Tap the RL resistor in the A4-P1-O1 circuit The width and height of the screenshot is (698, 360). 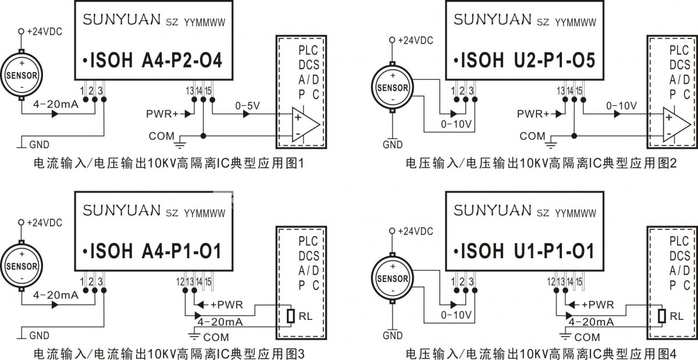[x=291, y=316]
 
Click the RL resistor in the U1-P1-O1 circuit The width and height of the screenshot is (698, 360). [x=662, y=316]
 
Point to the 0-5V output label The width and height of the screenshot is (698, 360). [x=247, y=106]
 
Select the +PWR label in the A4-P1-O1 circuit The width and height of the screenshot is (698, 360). [x=226, y=304]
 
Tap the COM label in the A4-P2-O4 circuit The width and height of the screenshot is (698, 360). [x=161, y=136]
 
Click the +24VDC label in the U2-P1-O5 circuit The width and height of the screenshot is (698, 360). [x=415, y=41]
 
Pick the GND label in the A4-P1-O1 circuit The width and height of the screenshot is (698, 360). [x=39, y=336]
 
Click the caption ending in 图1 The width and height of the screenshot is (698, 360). [x=169, y=165]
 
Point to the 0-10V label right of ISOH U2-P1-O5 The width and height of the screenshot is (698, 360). [x=622, y=106]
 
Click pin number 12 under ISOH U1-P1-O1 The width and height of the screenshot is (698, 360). [x=550, y=282]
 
